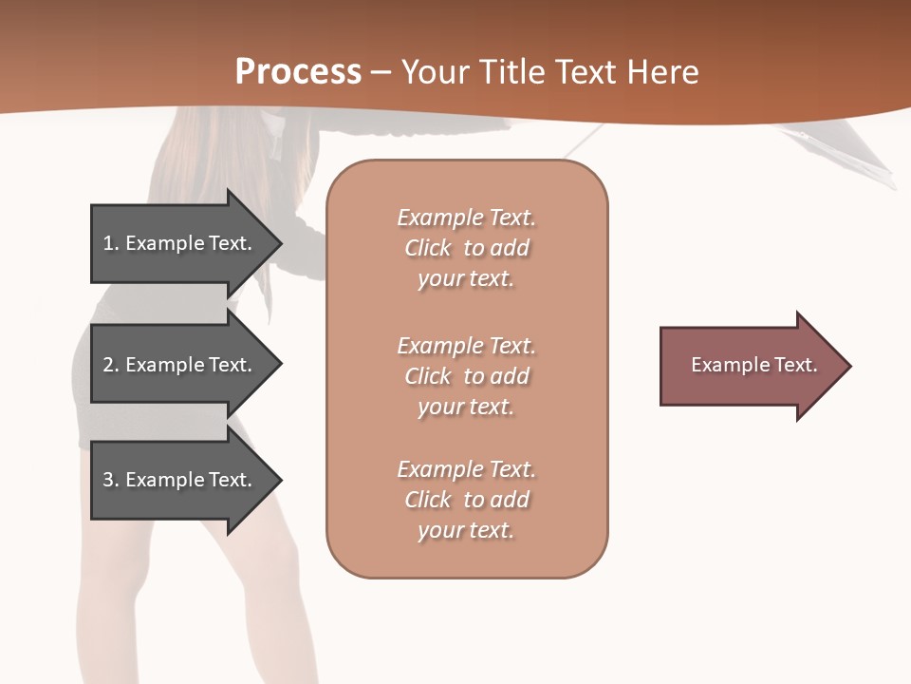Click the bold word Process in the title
(x=298, y=71)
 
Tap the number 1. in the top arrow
(x=111, y=243)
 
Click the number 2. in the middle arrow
(x=111, y=365)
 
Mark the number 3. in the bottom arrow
(x=111, y=480)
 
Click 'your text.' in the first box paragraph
(x=466, y=279)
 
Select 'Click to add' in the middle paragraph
(x=466, y=376)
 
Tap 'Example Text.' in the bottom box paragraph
(x=466, y=469)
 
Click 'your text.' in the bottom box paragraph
(x=466, y=530)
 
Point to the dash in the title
(x=381, y=72)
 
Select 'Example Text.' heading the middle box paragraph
(x=466, y=346)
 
